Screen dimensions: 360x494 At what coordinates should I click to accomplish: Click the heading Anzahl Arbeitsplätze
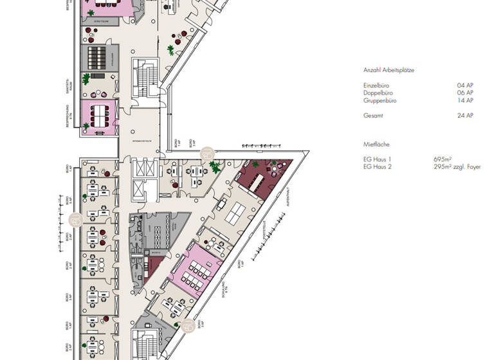point(389,71)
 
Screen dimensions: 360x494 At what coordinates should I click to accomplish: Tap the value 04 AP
point(465,85)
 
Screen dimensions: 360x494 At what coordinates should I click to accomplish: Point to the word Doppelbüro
point(378,93)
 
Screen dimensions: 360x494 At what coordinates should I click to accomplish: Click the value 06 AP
point(465,93)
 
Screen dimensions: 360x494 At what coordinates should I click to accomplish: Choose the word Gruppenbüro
point(379,100)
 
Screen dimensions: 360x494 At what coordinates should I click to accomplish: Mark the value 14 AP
point(465,100)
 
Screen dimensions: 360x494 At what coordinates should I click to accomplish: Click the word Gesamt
point(372,116)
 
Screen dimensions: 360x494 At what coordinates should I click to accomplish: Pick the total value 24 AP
point(465,116)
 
